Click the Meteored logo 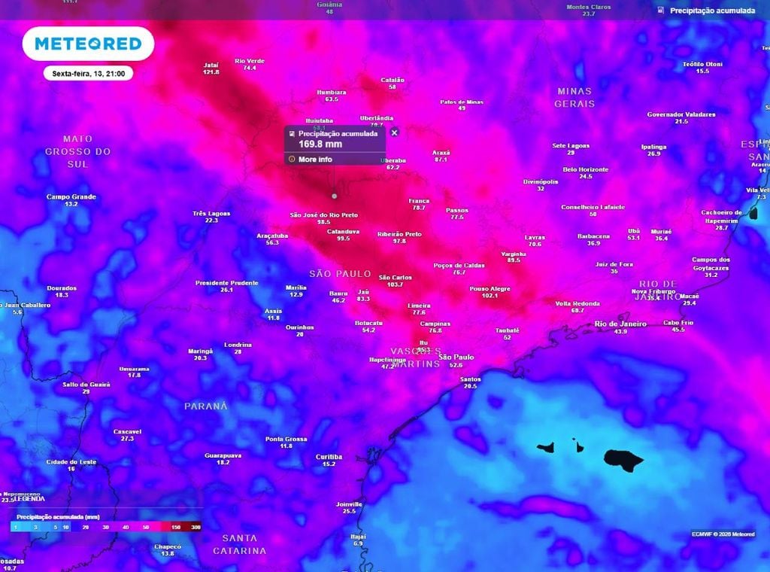pos(88,44)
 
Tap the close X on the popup pos(395,132)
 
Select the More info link pos(314,160)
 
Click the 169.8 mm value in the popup pos(320,144)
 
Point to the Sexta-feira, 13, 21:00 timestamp pos(88,74)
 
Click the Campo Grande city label pos(71,197)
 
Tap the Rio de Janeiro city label pos(620,324)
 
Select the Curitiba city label pos(329,457)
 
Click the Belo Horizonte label pos(586,169)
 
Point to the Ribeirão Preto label pos(399,234)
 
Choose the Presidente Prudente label pos(226,283)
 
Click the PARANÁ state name pos(205,406)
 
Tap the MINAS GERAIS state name pos(574,97)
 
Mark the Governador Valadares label pos(681,114)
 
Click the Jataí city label pos(211,65)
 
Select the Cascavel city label pos(127,431)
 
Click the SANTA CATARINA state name pos(240,544)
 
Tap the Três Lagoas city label pos(211,213)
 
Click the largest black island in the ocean pos(623,459)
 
